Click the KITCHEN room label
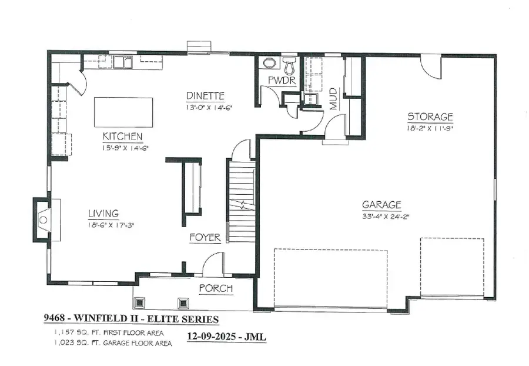point(123,136)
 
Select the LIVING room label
point(103,213)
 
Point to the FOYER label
point(205,238)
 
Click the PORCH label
point(216,288)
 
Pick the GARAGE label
point(381,205)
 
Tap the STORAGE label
point(430,117)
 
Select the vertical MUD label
point(333,99)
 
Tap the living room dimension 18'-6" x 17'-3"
point(112,224)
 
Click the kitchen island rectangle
point(123,112)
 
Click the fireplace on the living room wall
point(42,219)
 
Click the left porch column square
point(141,303)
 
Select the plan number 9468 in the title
point(55,319)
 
